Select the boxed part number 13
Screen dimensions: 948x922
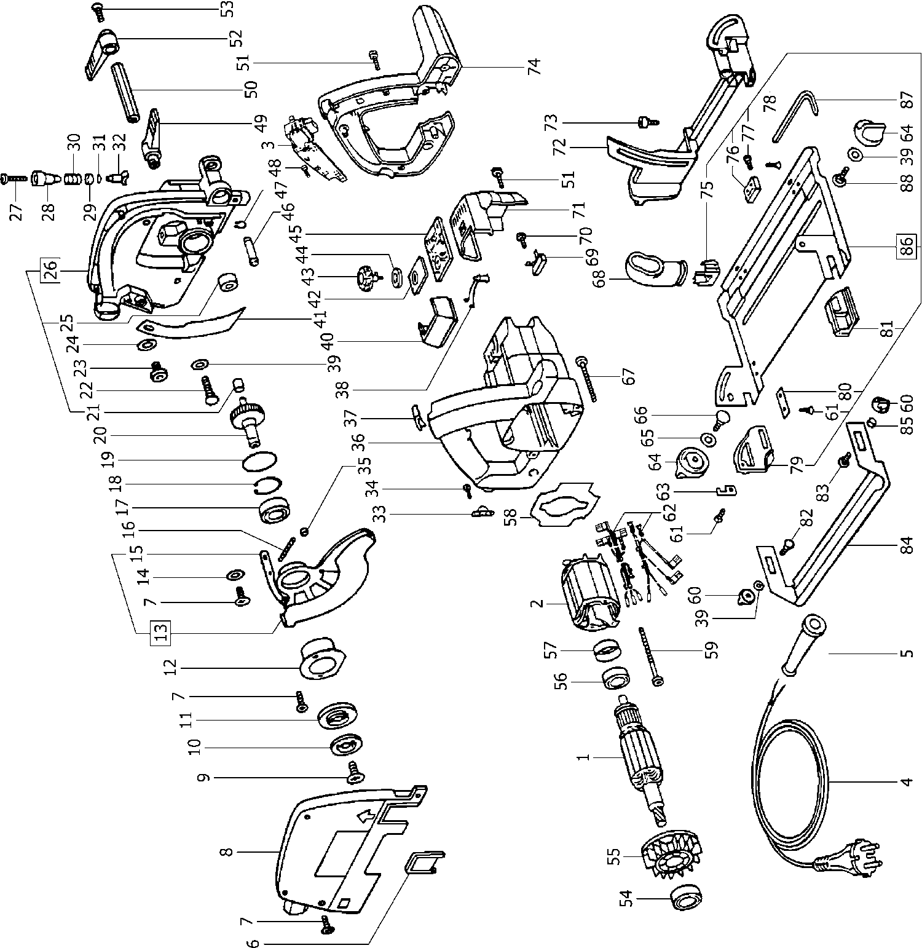coord(160,632)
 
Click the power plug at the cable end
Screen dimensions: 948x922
coord(845,856)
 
